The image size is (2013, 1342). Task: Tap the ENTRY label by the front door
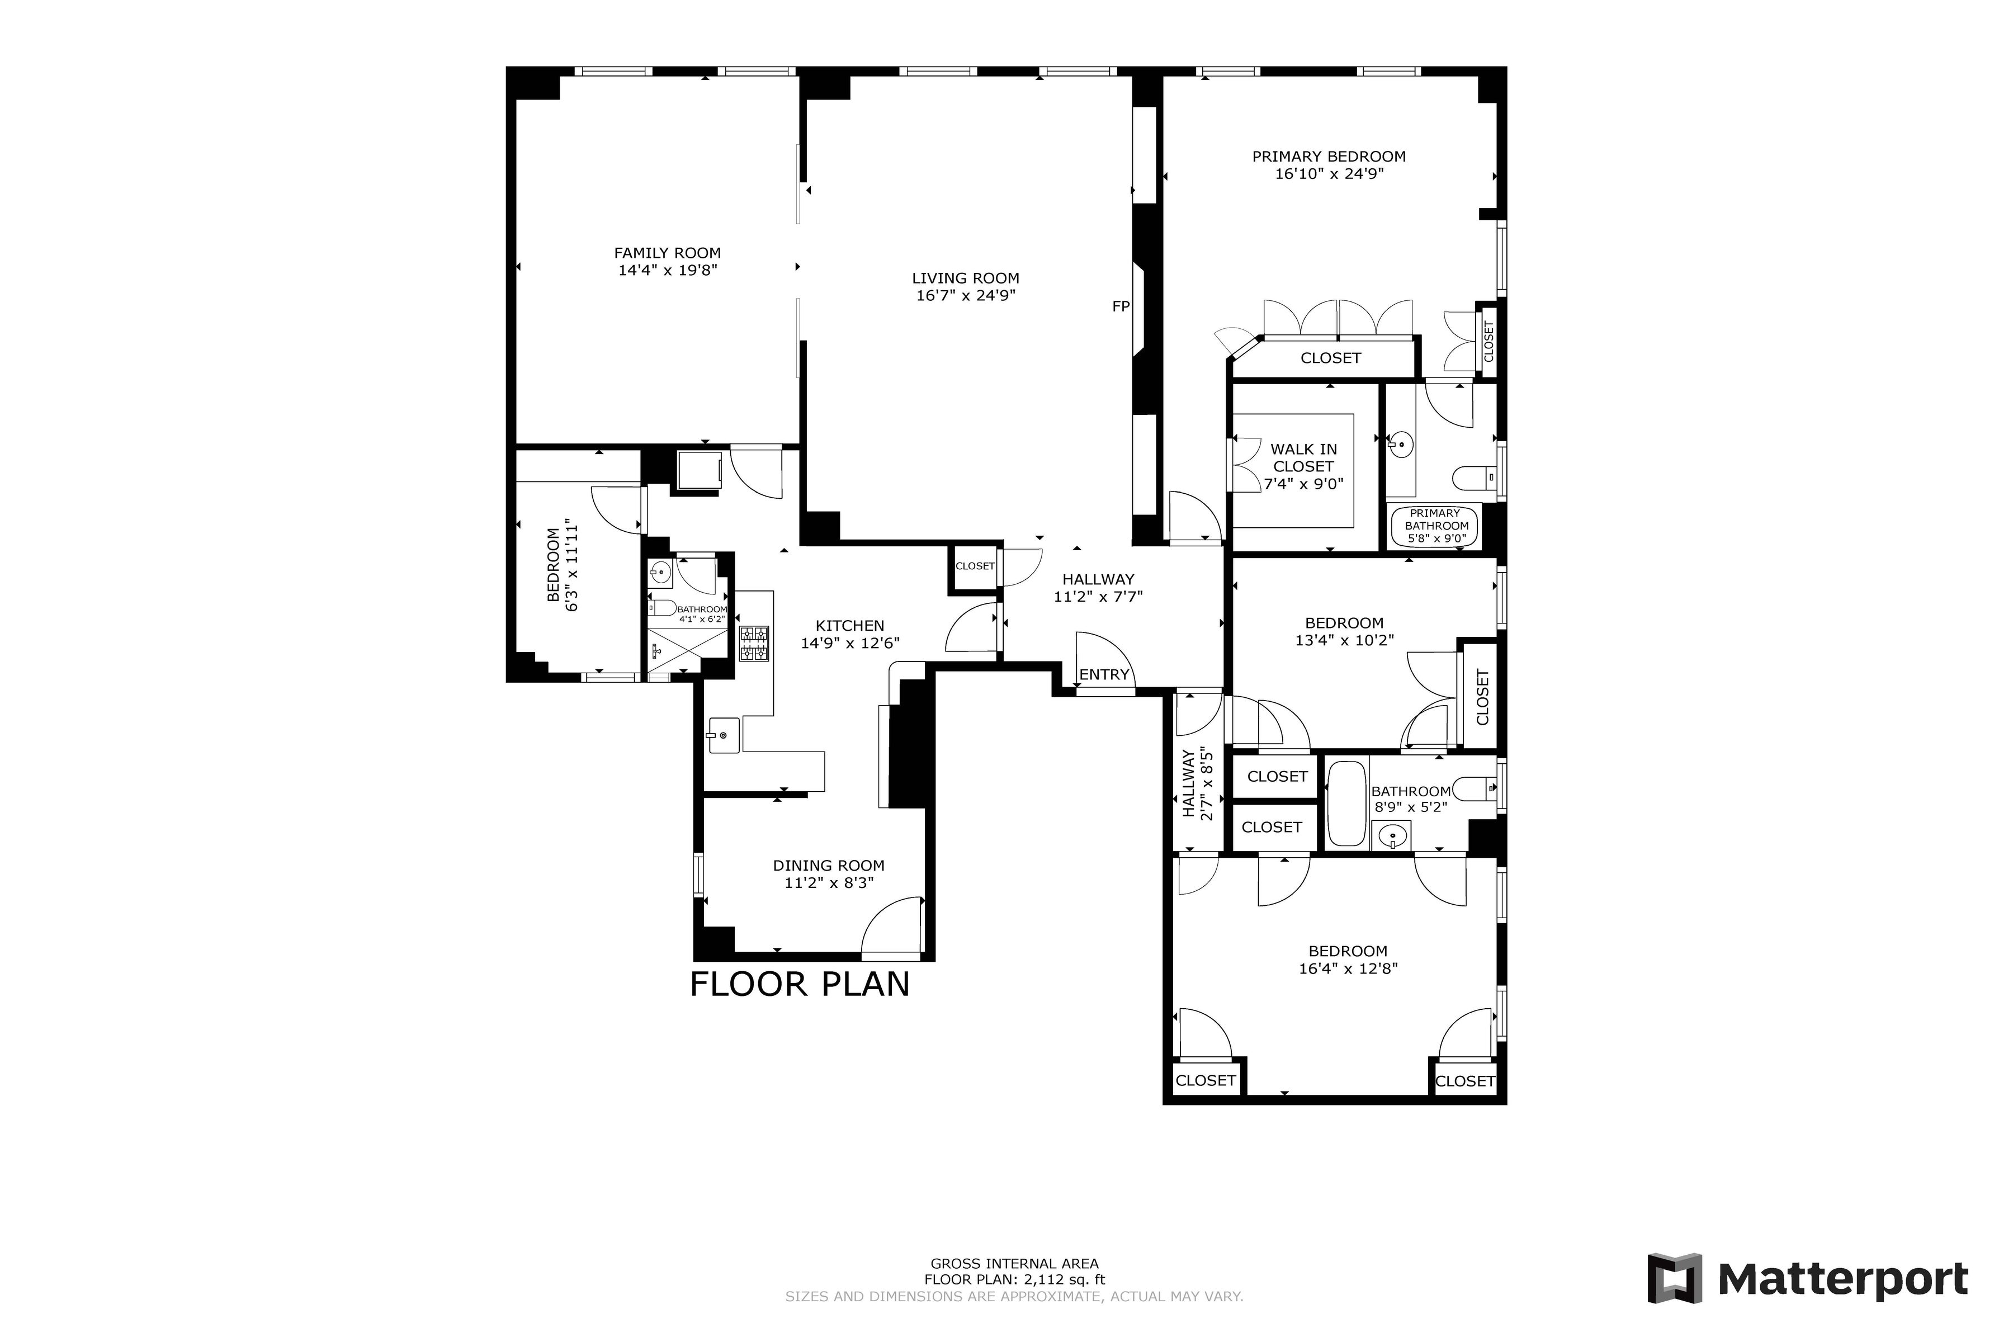[1103, 674]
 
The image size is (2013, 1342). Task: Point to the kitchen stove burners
[754, 644]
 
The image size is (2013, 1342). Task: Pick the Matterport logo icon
[1675, 1279]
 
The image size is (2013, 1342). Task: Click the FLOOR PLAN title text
[800, 984]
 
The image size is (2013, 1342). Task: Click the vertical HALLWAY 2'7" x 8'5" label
[1197, 783]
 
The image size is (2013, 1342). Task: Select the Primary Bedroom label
[1329, 157]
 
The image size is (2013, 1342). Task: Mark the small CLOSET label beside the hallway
[975, 566]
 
